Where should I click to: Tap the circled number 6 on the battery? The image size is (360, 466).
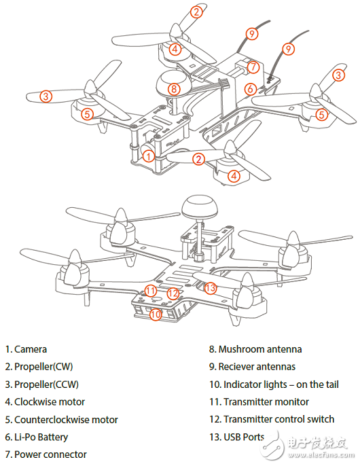coord(250,89)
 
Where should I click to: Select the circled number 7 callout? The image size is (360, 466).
coord(252,67)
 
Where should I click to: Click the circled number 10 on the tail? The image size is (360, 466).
coord(156,315)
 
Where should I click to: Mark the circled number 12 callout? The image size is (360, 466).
coord(173,293)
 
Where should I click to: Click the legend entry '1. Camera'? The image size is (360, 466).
coord(26,349)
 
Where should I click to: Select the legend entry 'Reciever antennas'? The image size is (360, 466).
coord(257,367)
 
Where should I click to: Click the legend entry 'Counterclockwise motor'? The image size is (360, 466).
coord(62,420)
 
